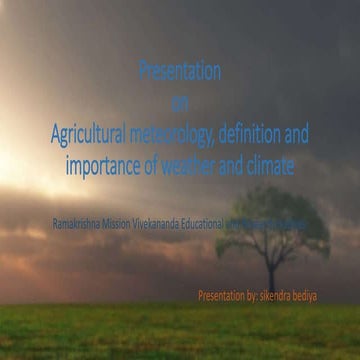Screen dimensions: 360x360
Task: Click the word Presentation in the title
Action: pos(179,72)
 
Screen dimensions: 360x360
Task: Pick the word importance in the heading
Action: pos(107,166)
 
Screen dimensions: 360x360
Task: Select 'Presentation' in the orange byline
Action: pos(224,268)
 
